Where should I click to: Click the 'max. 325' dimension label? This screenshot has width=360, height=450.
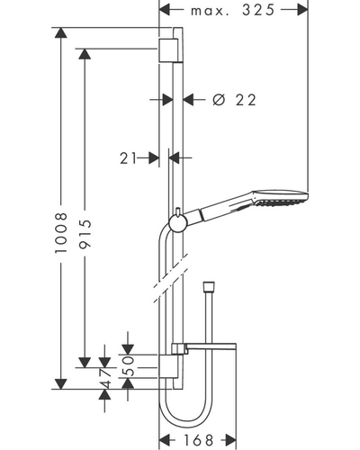232,11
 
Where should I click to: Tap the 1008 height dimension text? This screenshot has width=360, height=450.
61,232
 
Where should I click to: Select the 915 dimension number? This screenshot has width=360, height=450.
85,234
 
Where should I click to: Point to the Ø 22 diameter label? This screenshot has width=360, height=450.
234,100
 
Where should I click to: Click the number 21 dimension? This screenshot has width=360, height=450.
129,158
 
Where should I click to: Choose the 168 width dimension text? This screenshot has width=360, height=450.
198,440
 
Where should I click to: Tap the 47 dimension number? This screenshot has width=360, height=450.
105,379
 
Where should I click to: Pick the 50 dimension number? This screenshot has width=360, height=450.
128,366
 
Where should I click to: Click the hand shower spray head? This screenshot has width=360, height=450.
281,198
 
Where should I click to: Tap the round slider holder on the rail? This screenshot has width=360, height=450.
178,223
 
